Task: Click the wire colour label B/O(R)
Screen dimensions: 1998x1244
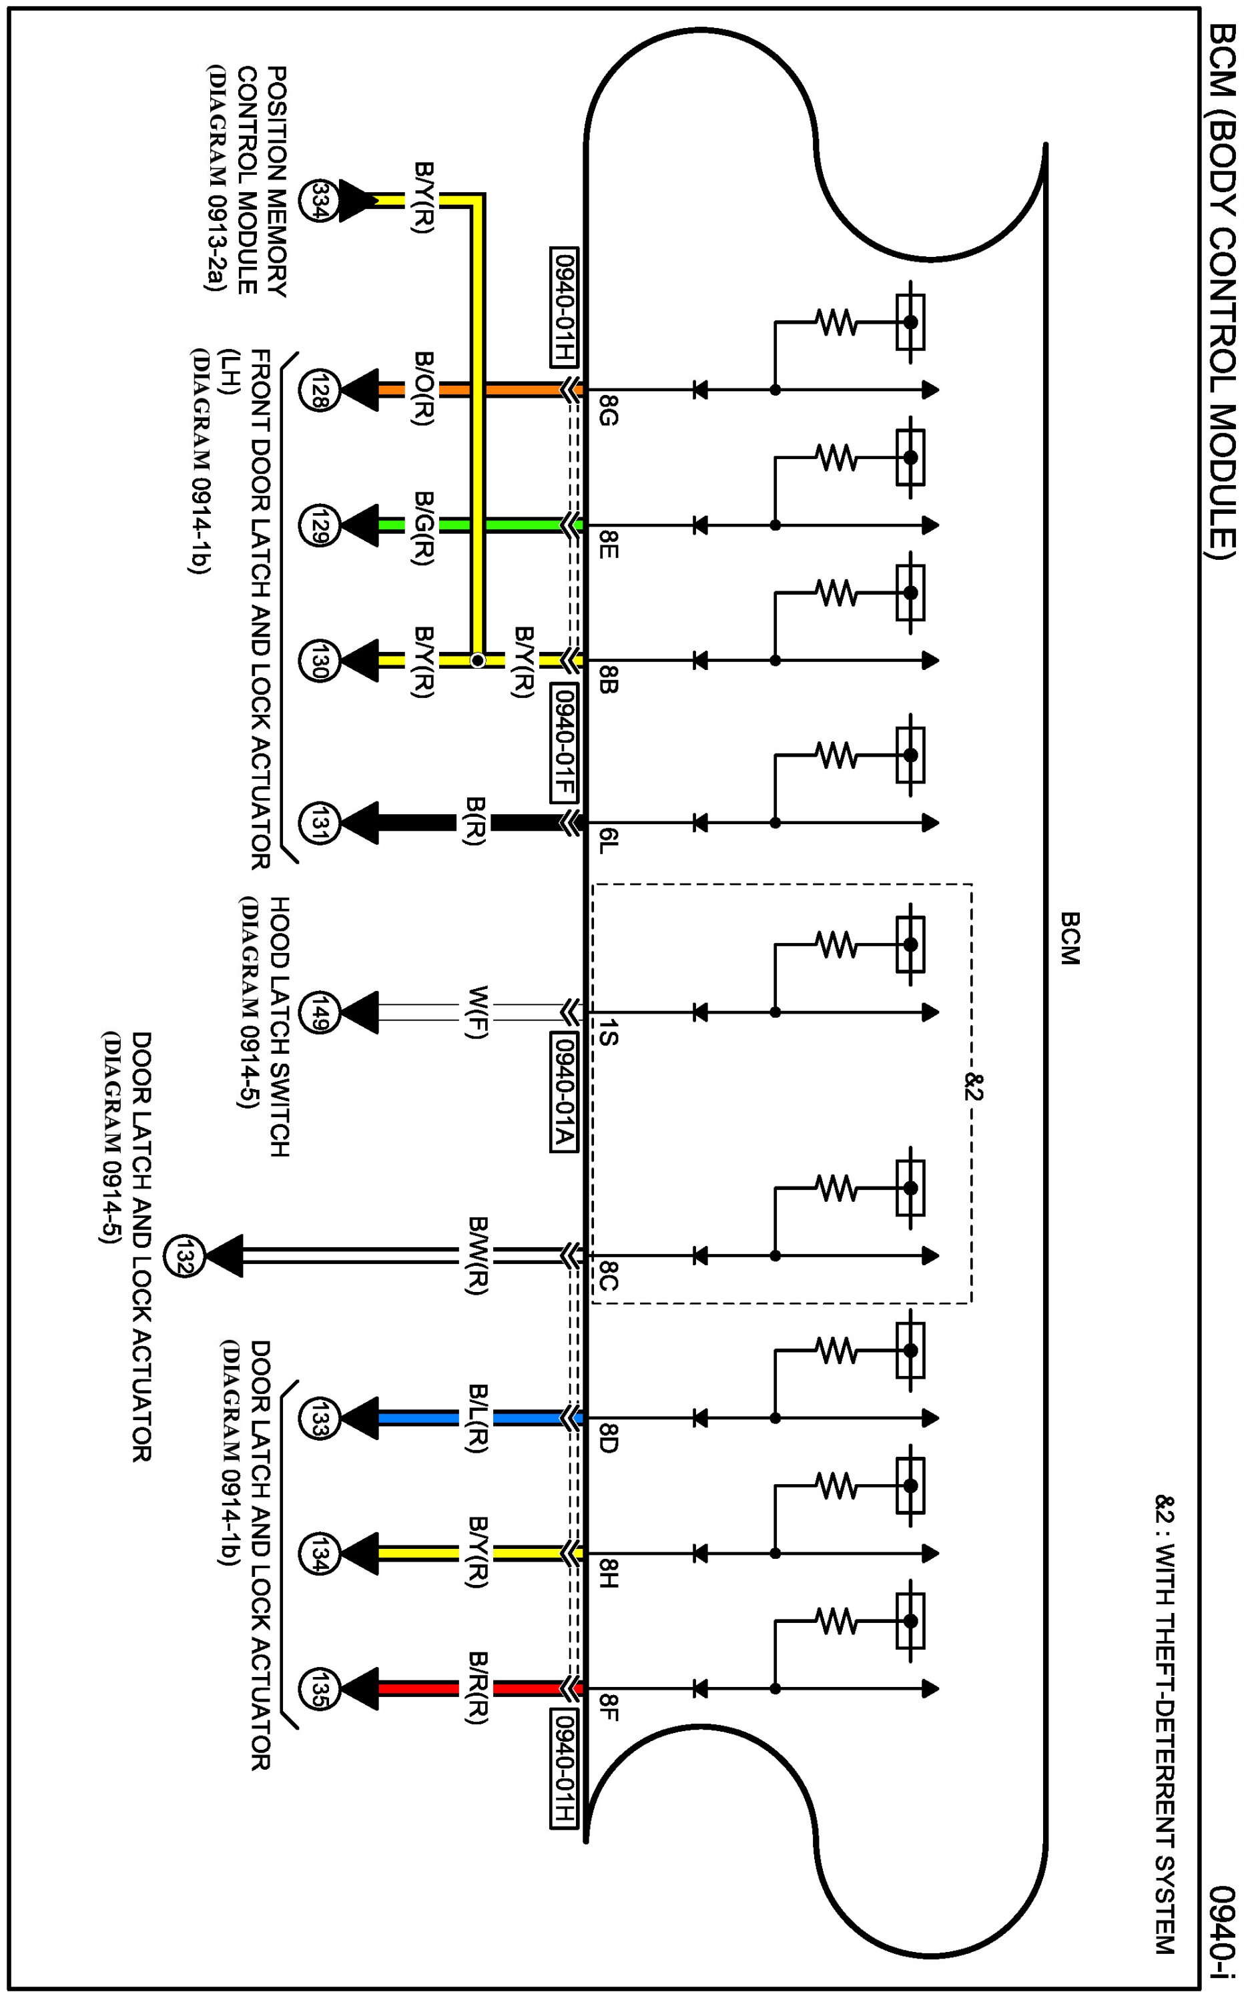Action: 424,388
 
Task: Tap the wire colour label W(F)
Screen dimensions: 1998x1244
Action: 477,1012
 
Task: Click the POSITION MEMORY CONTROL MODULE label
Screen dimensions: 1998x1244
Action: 250,181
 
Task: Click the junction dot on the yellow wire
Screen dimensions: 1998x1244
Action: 477,661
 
